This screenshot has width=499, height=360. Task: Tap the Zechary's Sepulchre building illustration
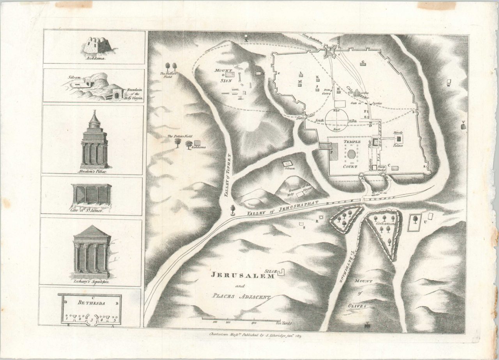(x=92, y=250)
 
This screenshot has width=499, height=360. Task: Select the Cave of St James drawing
(x=92, y=194)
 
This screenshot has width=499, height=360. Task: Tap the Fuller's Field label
(x=168, y=74)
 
